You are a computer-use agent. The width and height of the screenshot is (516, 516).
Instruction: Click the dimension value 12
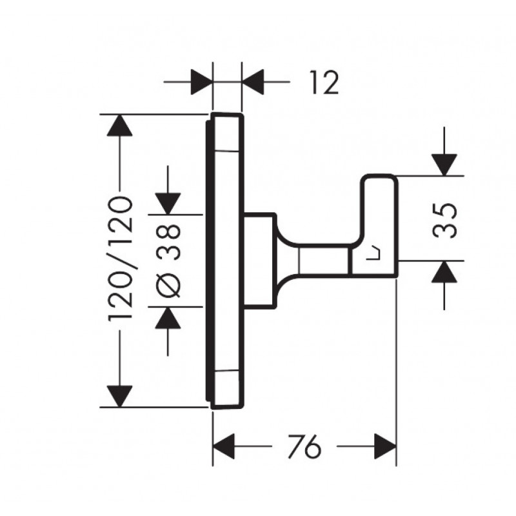(324, 83)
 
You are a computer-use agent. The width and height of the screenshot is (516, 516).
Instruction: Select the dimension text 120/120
(120, 259)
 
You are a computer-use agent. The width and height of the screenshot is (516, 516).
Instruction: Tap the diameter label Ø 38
(168, 261)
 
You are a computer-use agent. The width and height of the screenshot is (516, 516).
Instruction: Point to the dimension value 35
(444, 220)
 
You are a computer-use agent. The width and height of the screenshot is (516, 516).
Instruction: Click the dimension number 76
(304, 446)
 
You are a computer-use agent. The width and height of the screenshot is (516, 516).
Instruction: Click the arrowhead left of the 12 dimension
(201, 82)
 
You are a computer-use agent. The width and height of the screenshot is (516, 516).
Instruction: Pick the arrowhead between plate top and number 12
(253, 82)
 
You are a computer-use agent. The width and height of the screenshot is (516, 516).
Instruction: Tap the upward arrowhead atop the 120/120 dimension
(120, 125)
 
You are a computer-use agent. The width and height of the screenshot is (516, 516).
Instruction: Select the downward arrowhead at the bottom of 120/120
(120, 396)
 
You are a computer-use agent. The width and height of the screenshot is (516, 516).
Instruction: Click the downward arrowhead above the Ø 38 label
(168, 204)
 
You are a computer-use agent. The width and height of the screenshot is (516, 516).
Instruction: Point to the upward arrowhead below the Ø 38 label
(168, 318)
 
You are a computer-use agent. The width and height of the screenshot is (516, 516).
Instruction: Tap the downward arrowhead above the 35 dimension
(444, 165)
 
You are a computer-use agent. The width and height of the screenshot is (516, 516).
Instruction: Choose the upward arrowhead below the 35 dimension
(444, 272)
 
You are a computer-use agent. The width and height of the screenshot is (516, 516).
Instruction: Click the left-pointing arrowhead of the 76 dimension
(224, 446)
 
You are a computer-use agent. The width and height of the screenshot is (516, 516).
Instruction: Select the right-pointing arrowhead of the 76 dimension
(386, 446)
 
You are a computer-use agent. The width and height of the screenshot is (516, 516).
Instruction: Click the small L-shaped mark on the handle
(374, 253)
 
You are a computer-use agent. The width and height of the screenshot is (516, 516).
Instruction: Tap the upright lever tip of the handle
(380, 184)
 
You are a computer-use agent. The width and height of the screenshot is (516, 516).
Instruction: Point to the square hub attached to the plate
(260, 261)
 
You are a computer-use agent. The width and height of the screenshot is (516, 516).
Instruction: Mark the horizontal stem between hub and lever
(322, 260)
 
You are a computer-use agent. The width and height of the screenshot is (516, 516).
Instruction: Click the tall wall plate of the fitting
(225, 261)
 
